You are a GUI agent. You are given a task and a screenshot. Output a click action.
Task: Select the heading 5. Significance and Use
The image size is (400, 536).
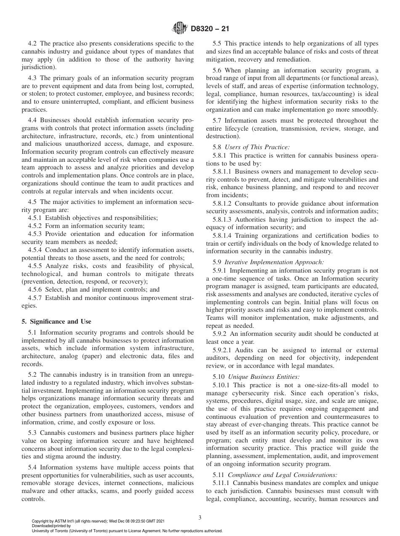pos(56,321)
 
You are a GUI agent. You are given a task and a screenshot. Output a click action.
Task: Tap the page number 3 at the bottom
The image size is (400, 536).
pos(200,517)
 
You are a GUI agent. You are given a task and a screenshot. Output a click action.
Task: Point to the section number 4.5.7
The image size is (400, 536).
pos(37,298)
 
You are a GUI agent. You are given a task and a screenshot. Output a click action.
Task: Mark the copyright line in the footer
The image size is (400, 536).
pos(98,522)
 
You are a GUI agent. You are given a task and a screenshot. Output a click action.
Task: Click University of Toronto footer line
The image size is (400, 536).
pos(127,531)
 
